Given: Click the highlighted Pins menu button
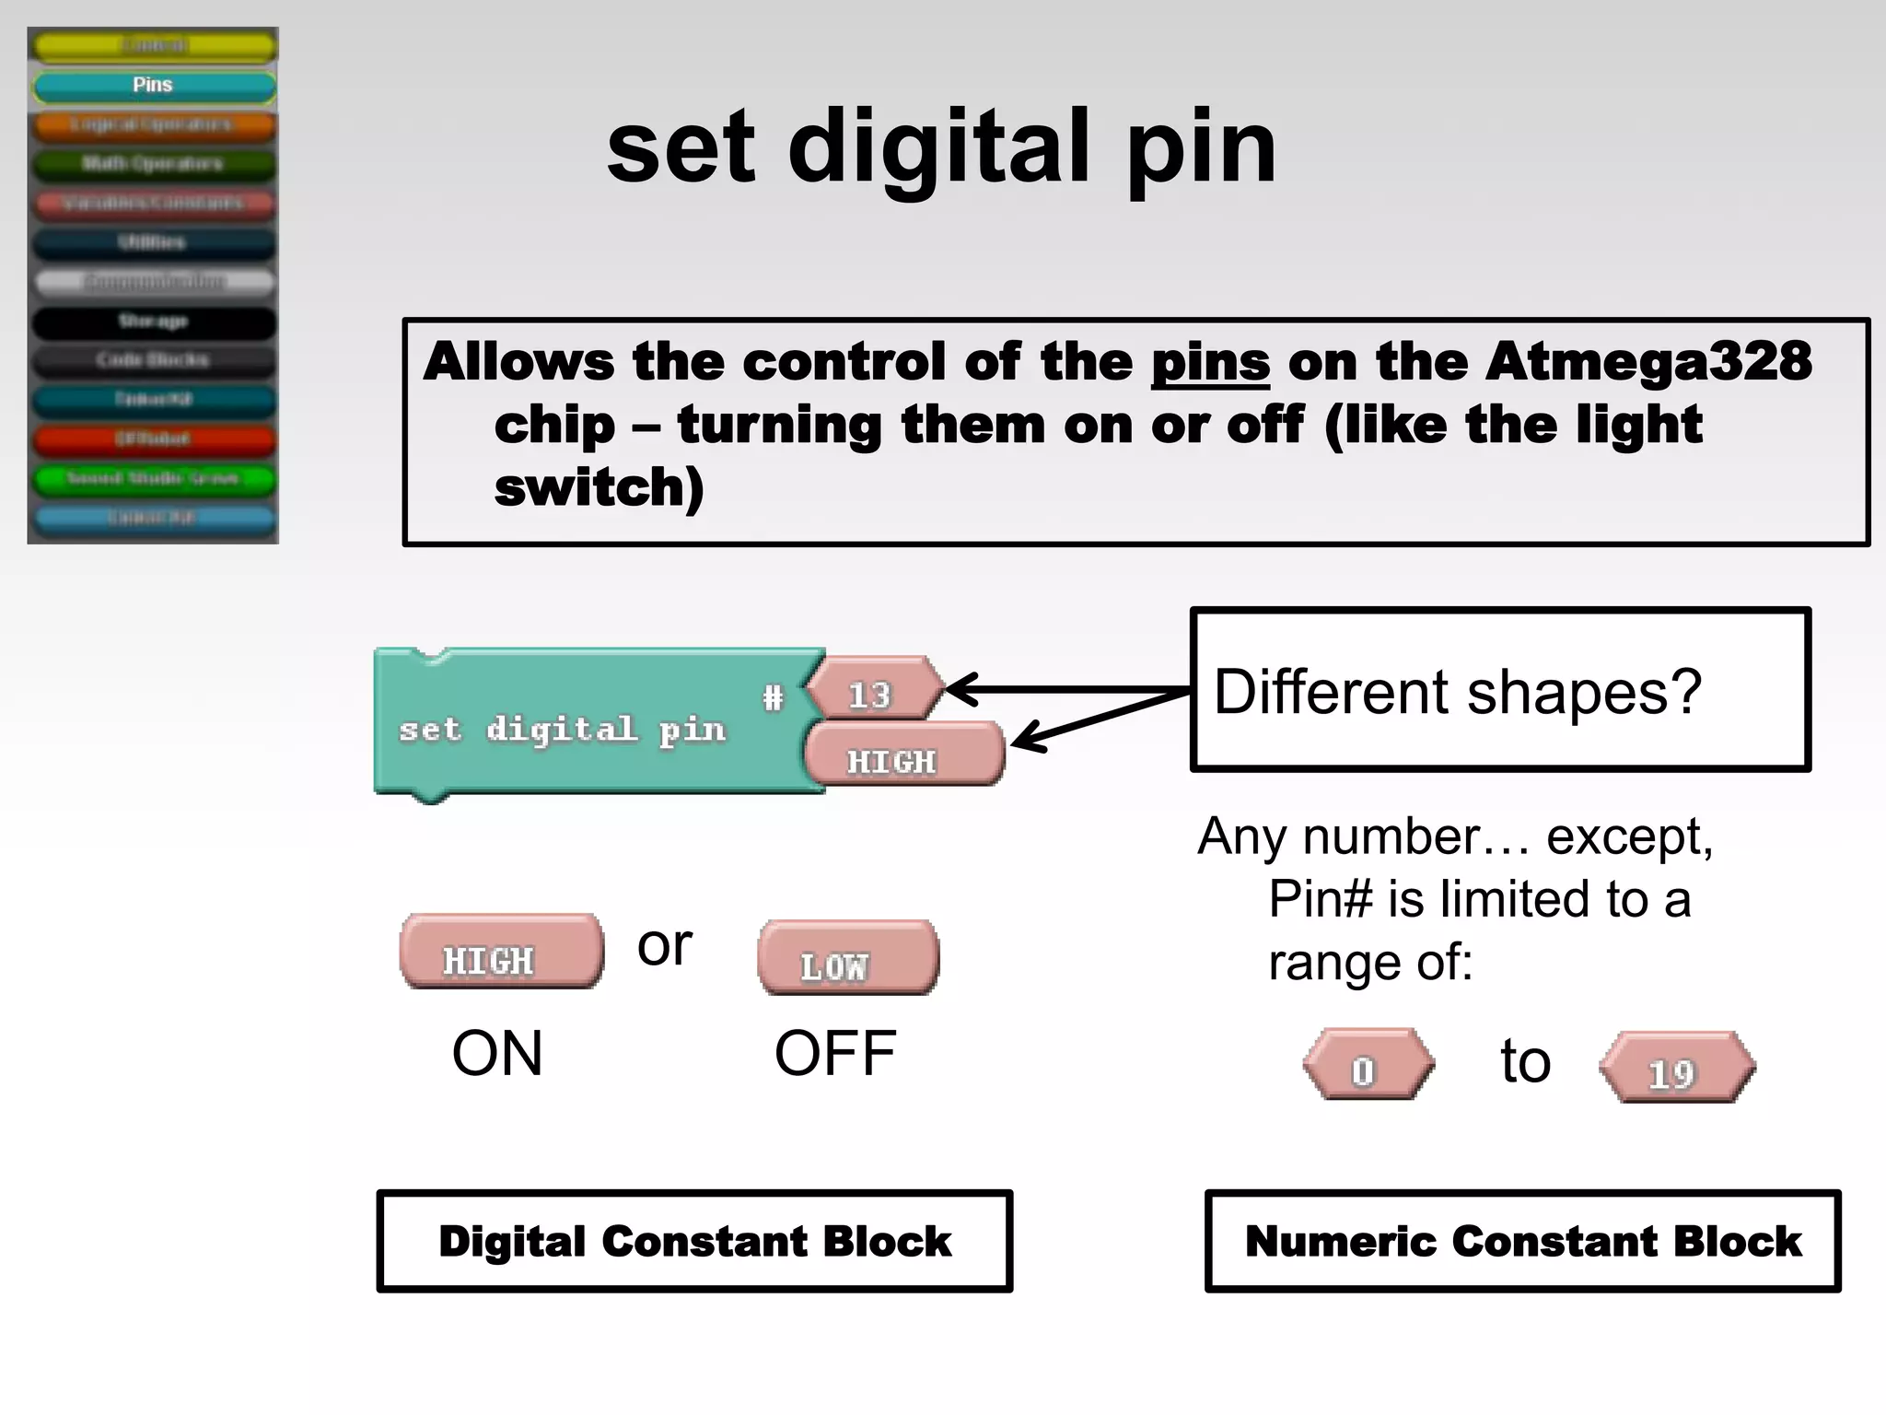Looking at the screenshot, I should click(x=153, y=86).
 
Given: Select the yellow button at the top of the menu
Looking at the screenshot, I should click(x=153, y=45).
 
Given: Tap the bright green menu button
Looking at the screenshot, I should click(x=153, y=478).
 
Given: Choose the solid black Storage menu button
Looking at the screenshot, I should click(x=153, y=322).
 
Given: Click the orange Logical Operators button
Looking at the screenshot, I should click(x=153, y=124).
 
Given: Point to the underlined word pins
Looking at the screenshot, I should click(x=1209, y=362).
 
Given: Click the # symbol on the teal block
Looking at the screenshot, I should click(x=773, y=697).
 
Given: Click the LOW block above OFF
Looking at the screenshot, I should click(x=847, y=958).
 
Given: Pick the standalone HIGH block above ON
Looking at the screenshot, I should click(x=501, y=953).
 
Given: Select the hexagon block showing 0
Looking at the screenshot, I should click(x=1368, y=1065).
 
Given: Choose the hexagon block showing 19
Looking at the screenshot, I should click(x=1676, y=1068).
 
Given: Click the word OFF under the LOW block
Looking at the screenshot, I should click(x=834, y=1054).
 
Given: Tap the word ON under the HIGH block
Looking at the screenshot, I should click(x=497, y=1054).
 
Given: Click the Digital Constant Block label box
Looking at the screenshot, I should click(x=694, y=1241).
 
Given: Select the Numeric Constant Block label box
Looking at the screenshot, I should click(x=1522, y=1241).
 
